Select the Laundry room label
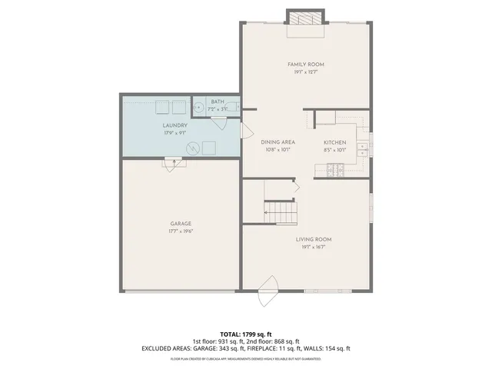coord(175,125)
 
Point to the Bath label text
coord(218,101)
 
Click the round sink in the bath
coord(198,108)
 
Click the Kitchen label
coord(334,142)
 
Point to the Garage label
coord(181,224)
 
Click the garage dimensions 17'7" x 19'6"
coord(181,231)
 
